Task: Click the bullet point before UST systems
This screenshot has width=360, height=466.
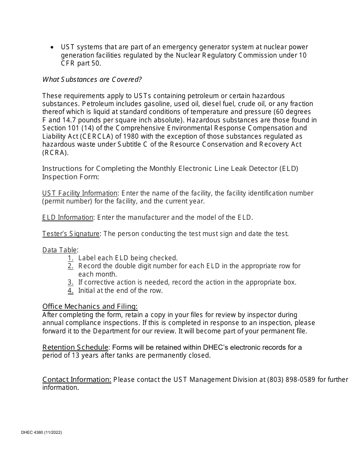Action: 52,47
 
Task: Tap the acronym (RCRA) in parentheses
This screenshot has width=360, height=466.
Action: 55,153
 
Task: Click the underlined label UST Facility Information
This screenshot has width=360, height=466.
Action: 80,193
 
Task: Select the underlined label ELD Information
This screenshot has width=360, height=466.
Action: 67,217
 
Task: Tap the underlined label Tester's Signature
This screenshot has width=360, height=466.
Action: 70,234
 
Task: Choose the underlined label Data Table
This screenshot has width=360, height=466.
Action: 59,250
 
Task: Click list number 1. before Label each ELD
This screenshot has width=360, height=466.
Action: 70,258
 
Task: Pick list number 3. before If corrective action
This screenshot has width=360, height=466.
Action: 70,282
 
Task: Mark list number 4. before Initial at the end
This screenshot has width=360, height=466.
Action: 70,291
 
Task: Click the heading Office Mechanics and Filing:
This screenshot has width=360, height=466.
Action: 90,306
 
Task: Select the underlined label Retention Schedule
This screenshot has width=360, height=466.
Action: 75,347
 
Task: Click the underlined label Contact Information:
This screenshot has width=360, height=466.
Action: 77,380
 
